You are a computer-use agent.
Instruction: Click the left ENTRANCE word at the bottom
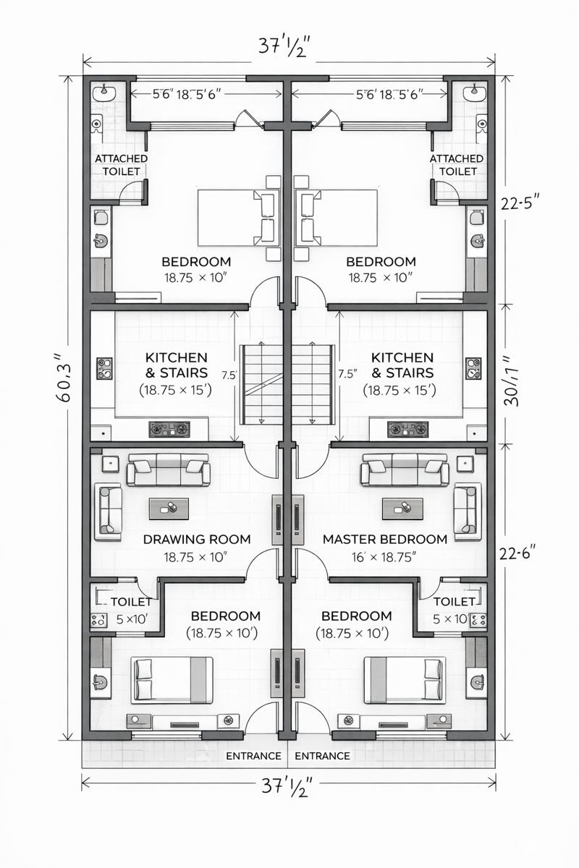(253, 756)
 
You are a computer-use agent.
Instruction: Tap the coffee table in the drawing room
(169, 508)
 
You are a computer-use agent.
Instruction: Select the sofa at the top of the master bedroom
(405, 470)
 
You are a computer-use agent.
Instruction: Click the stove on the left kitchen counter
(169, 430)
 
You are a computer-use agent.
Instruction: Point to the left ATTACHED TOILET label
(121, 165)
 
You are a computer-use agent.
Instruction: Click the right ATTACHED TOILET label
(457, 165)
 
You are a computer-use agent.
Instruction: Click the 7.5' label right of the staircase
(348, 375)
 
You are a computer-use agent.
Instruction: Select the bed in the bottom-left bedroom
(172, 680)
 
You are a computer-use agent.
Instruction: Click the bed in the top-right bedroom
(339, 218)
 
